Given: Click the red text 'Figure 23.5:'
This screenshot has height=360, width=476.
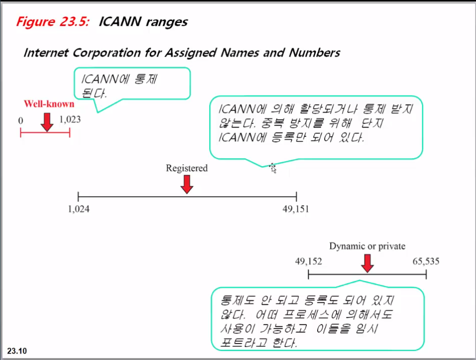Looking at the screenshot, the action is pyautogui.click(x=52, y=22).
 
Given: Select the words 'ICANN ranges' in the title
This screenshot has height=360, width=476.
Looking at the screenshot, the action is pyautogui.click(x=143, y=22).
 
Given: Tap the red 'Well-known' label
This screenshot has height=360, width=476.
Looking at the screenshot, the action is pyautogui.click(x=49, y=104).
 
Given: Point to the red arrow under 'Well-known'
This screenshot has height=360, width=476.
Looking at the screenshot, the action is pyautogui.click(x=47, y=121).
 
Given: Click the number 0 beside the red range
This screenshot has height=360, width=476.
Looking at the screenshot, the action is pyautogui.click(x=20, y=120).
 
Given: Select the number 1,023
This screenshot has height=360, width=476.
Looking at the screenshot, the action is pyautogui.click(x=70, y=120).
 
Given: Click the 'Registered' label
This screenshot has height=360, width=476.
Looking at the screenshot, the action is pyautogui.click(x=187, y=168).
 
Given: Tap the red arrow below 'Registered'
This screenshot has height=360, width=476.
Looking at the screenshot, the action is pyautogui.click(x=187, y=184).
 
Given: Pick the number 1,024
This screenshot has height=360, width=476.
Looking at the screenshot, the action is pyautogui.click(x=79, y=209).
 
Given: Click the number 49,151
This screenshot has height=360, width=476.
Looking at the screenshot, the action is pyautogui.click(x=296, y=209).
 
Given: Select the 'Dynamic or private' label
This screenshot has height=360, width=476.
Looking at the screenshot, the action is pyautogui.click(x=367, y=246).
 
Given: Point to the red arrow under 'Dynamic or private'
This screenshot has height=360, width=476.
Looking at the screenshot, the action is pyautogui.click(x=367, y=263).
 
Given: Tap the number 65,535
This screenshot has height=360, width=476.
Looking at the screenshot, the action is pyautogui.click(x=426, y=261).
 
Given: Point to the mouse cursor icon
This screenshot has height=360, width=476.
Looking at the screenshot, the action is pyautogui.click(x=273, y=168).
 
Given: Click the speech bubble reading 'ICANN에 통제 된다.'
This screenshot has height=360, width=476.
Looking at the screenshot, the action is pyautogui.click(x=132, y=83).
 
